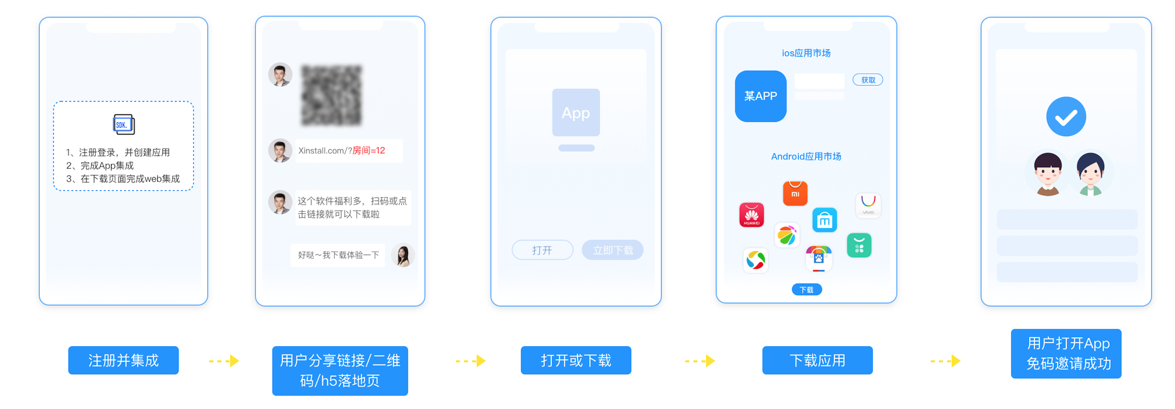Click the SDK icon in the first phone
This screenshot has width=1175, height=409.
(x=124, y=124)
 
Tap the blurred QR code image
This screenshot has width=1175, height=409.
(x=331, y=95)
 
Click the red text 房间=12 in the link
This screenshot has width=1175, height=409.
(x=369, y=150)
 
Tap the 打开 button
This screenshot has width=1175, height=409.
(x=542, y=250)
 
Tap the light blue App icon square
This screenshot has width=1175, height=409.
(x=576, y=112)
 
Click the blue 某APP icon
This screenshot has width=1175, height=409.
(x=760, y=96)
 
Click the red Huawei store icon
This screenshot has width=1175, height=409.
(x=751, y=215)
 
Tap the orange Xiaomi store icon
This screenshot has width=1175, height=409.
(x=795, y=193)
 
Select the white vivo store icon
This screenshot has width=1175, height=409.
(x=868, y=205)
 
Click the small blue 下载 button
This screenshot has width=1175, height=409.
(x=806, y=290)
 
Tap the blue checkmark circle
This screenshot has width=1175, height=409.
(x=1066, y=117)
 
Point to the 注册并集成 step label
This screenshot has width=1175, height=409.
(x=123, y=360)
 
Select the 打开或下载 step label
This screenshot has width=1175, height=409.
(x=576, y=360)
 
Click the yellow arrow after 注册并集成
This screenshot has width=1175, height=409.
(x=224, y=361)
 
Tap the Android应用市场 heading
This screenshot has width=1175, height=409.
(x=806, y=156)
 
